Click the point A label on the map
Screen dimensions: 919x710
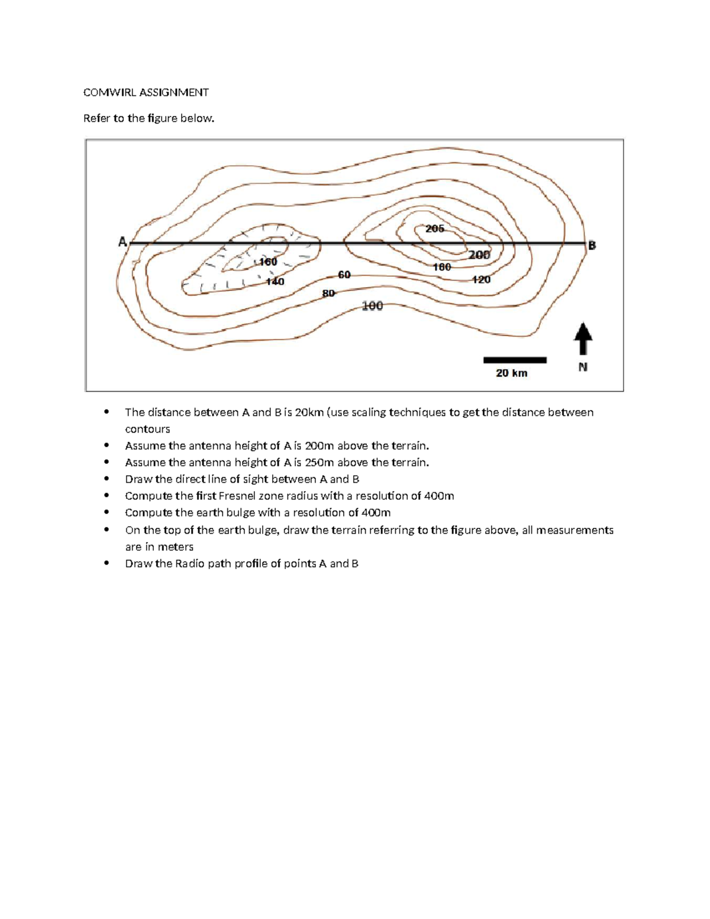[122, 241]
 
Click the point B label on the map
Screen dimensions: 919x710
[591, 245]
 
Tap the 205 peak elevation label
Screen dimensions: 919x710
[435, 228]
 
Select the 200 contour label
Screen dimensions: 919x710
[479, 255]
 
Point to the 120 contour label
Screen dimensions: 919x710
[481, 279]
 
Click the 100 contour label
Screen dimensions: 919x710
[372, 306]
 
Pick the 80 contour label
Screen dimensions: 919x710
[328, 293]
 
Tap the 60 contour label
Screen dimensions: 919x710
[344, 275]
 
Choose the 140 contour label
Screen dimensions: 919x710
[275, 282]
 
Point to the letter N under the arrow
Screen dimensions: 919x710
[583, 367]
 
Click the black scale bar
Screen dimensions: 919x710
[515, 360]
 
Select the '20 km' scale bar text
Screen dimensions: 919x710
[512, 373]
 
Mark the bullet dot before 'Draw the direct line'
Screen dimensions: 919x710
[106, 479]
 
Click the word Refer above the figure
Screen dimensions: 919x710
[97, 118]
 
